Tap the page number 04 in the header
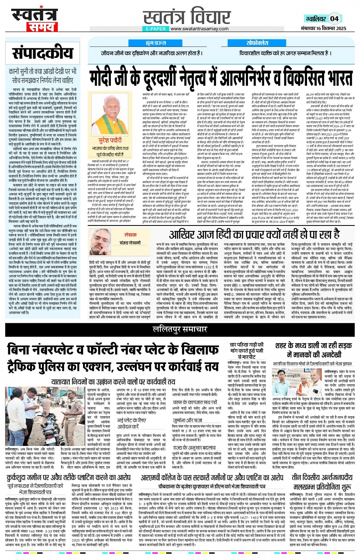[334, 19]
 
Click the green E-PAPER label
[156, 29]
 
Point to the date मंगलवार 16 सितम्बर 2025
[323, 29]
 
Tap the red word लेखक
[130, 235]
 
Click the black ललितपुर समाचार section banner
[180, 329]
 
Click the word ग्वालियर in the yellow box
[316, 19]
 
